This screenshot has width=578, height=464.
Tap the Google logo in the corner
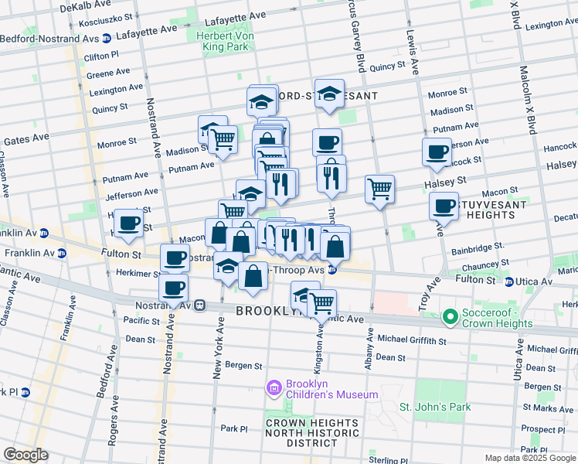tap(25, 455)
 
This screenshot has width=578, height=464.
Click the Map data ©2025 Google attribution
tap(529, 458)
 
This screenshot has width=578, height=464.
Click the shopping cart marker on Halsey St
tap(379, 189)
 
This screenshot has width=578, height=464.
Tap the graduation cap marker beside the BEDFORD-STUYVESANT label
tap(329, 94)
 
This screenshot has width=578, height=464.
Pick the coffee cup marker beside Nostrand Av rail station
tap(173, 288)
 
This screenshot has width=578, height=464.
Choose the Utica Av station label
tap(533, 281)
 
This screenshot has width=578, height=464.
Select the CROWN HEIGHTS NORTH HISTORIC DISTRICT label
tap(312, 432)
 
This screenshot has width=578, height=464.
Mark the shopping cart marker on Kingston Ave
tap(321, 304)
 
